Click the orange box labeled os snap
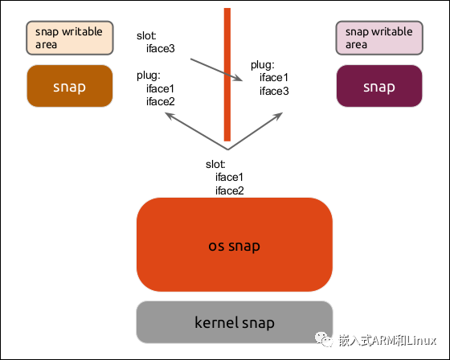click(x=235, y=245)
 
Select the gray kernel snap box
click(x=235, y=322)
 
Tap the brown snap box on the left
click(x=69, y=86)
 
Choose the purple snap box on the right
click(x=379, y=86)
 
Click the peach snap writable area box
click(x=69, y=38)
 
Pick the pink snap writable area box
click(x=378, y=38)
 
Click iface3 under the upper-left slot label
click(x=160, y=49)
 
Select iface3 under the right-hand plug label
click(x=273, y=91)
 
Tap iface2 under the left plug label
click(x=160, y=101)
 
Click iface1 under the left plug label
click(x=160, y=89)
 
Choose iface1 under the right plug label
click(x=273, y=78)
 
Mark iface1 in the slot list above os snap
click(x=229, y=178)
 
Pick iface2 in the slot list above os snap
click(x=229, y=190)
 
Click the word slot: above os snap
click(x=215, y=165)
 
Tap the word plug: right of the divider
click(x=262, y=65)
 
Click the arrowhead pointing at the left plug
click(x=170, y=116)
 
